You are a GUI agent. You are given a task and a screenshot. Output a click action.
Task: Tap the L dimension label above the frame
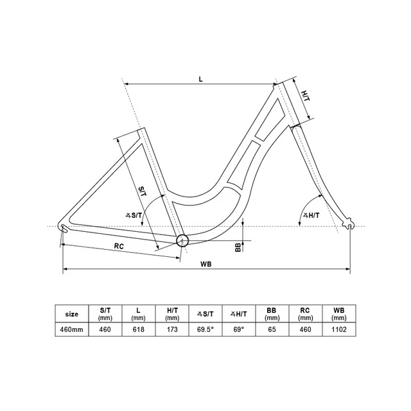tap(200, 79)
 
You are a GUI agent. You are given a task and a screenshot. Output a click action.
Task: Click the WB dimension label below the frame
tap(205, 264)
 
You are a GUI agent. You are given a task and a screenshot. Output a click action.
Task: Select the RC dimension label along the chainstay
tap(119, 246)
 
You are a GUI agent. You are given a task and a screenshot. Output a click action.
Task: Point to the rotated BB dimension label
tap(238, 247)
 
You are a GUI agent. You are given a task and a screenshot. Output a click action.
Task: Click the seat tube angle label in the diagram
tap(134, 216)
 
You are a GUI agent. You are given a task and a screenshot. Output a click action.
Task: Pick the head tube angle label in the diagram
tap(311, 216)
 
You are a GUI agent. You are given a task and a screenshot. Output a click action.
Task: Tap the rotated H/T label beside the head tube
tap(306, 96)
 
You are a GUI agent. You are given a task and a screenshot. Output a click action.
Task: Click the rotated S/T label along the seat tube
tap(143, 191)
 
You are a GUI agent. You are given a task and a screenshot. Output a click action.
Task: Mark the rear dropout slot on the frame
tap(64, 229)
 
